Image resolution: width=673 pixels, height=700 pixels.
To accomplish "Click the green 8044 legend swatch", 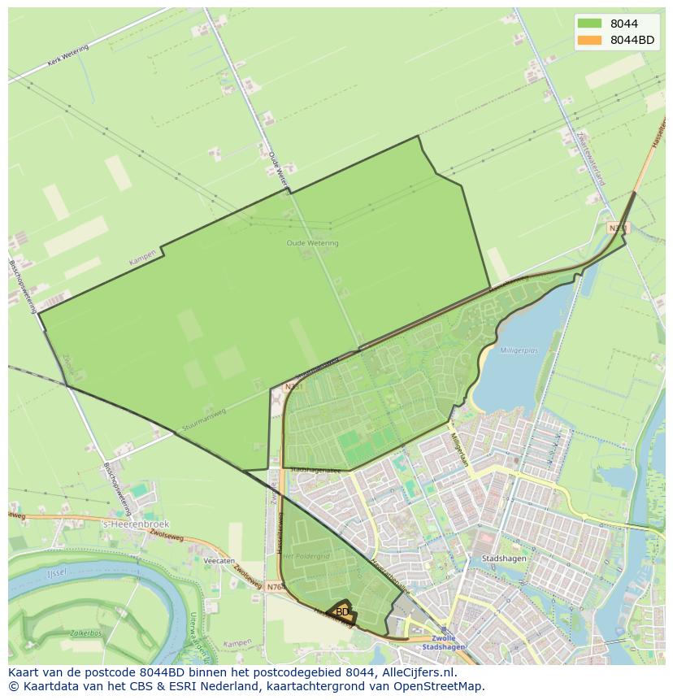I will (x=590, y=24).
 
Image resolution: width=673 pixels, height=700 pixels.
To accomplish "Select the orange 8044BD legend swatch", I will (x=590, y=40).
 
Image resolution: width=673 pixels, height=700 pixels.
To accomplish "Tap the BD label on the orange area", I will (x=342, y=611).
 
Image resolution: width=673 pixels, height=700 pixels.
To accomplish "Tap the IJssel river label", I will (x=56, y=573).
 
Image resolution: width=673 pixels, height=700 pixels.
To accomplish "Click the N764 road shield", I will (x=275, y=585).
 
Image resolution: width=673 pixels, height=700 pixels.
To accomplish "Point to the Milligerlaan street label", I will (x=459, y=448).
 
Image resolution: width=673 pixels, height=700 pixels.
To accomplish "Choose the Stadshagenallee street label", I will (x=313, y=470).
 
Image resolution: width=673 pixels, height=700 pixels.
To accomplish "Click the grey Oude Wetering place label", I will (x=312, y=242).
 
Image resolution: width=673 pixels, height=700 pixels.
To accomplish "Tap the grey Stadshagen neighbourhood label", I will (x=503, y=559).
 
